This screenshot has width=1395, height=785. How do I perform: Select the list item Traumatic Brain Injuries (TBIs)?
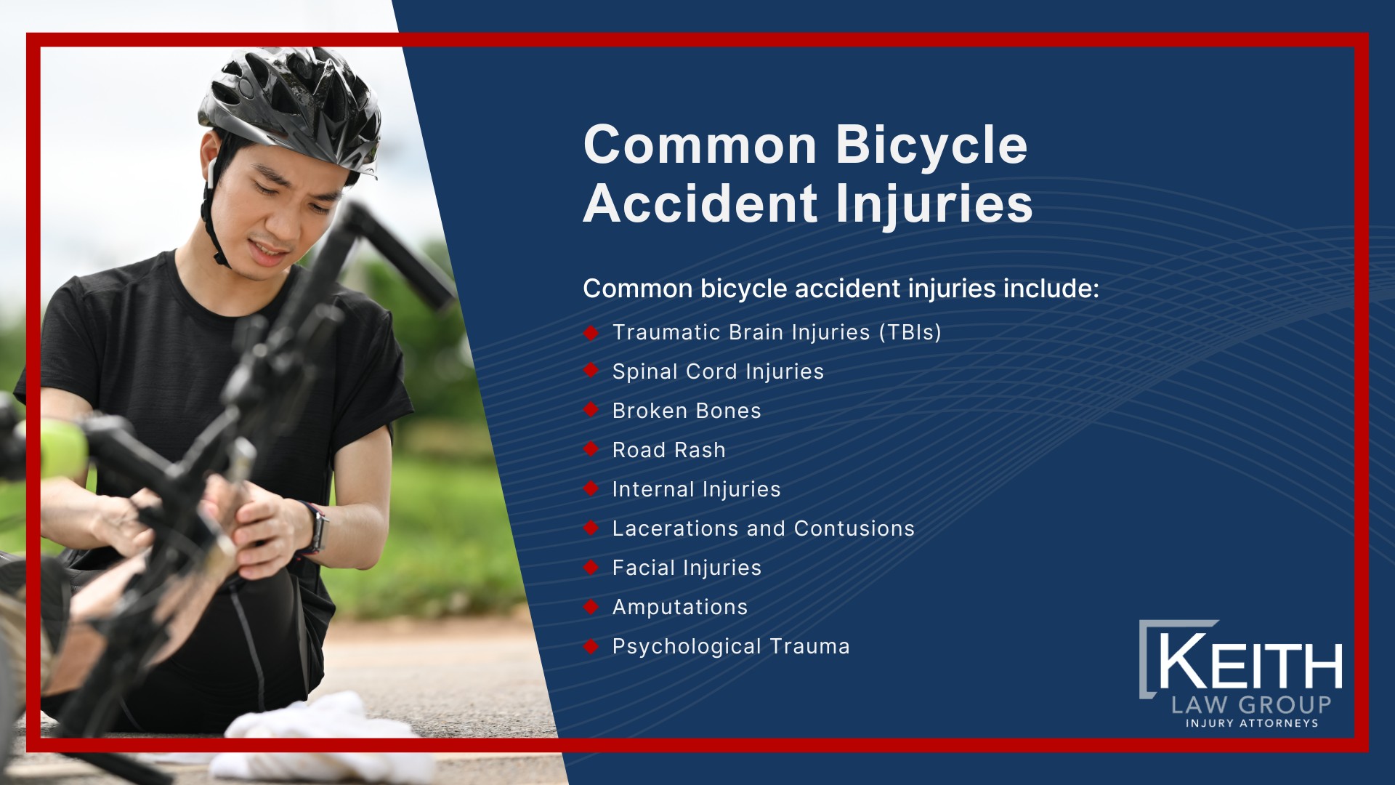pyautogui.click(x=777, y=332)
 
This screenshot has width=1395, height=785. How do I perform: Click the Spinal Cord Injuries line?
pyautogui.click(x=718, y=371)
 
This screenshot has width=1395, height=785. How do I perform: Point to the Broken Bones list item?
pyautogui.click(x=687, y=411)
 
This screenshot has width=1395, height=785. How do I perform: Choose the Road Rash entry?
pyautogui.click(x=668, y=450)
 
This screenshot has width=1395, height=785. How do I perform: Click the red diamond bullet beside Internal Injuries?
pyautogui.click(x=591, y=488)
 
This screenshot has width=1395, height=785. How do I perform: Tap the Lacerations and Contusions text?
pyautogui.click(x=763, y=528)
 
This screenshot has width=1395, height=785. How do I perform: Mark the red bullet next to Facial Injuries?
pyautogui.click(x=591, y=567)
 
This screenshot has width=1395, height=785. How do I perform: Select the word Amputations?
pyautogui.click(x=679, y=607)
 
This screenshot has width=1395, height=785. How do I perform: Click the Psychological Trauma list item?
pyautogui.click(x=731, y=646)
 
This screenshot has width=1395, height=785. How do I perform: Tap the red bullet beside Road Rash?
pyautogui.click(x=591, y=449)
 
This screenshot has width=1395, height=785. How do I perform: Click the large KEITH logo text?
pyautogui.click(x=1249, y=663)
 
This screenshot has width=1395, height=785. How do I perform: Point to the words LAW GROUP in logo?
pyautogui.click(x=1251, y=704)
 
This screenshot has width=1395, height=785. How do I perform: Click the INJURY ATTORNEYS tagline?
pyautogui.click(x=1252, y=723)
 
